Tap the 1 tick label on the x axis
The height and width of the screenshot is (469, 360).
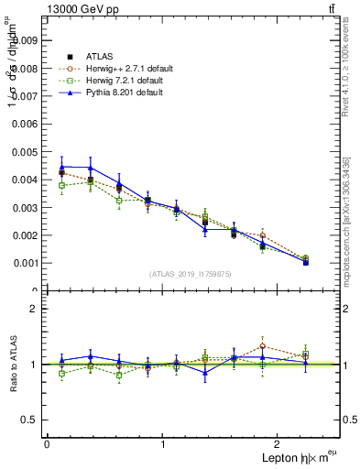[163, 444]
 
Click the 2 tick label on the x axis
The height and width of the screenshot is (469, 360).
[280, 444]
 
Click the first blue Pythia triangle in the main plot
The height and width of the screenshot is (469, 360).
[61, 167]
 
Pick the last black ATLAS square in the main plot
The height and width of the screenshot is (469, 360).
[306, 262]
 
